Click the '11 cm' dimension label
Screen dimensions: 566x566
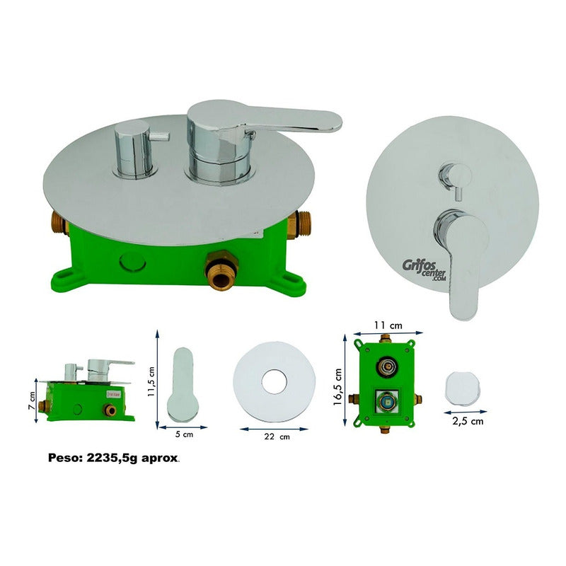click(388, 325)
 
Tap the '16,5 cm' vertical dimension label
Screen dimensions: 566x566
click(337, 387)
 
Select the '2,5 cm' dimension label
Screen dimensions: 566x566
click(468, 421)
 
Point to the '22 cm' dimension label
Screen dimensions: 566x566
click(277, 437)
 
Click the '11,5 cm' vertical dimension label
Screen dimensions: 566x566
click(151, 382)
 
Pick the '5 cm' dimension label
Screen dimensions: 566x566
click(184, 434)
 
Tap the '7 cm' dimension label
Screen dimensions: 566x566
click(32, 400)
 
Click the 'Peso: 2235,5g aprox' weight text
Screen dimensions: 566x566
click(113, 458)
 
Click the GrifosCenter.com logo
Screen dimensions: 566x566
click(424, 270)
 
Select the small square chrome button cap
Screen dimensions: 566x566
click(463, 389)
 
